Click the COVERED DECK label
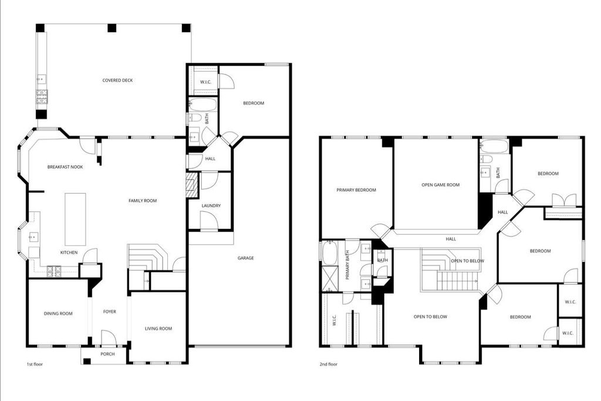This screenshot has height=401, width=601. (117, 80)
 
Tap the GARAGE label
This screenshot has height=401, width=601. (246, 258)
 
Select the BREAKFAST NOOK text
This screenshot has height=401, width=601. (65, 167)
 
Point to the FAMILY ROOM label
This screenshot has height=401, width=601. (143, 201)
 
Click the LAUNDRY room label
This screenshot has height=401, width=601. (211, 206)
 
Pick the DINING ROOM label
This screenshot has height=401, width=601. (58, 314)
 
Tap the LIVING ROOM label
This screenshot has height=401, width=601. (158, 329)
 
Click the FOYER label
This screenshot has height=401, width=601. (110, 312)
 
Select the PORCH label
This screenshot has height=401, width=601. (108, 354)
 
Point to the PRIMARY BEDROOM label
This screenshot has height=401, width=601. (356, 190)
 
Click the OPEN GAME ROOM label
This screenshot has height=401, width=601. (440, 185)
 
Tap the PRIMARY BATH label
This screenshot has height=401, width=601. (347, 265)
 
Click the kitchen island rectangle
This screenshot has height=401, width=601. (75, 219)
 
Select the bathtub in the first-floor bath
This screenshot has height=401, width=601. (202, 105)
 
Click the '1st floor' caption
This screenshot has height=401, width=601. (35, 364)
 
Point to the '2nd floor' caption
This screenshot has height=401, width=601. (329, 364)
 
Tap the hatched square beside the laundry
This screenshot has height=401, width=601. (191, 185)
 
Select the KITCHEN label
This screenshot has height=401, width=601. (69, 252)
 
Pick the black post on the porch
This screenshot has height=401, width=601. (87, 360)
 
